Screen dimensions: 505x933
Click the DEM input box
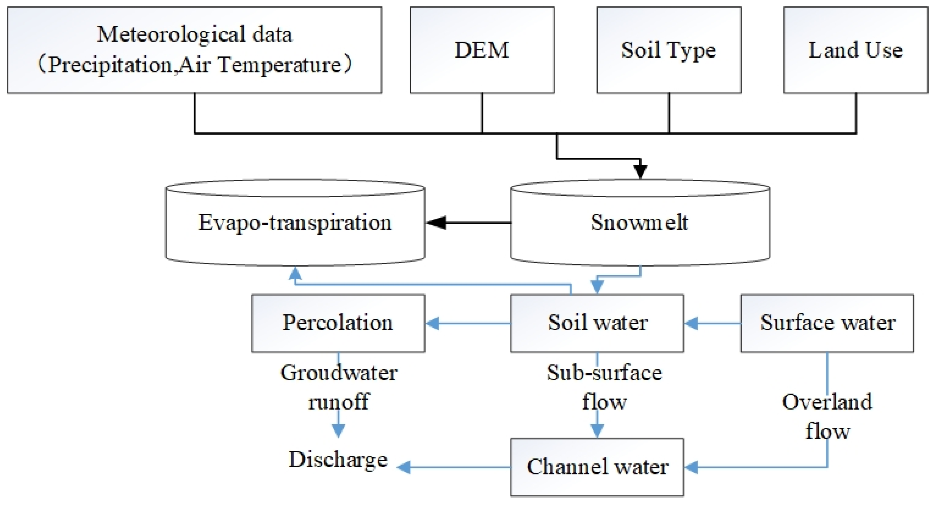pos(482,50)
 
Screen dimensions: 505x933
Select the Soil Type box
pos(669,50)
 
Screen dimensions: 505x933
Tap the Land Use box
pos(855,50)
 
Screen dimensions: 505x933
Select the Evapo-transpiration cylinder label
pos(295,222)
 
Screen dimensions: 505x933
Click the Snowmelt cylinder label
pos(640,222)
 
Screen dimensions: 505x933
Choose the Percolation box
pos(338,323)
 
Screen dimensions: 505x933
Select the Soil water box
pos(597,323)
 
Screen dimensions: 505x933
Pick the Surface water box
pos(827,323)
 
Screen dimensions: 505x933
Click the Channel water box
pos(597,467)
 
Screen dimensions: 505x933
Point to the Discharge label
pos(338,460)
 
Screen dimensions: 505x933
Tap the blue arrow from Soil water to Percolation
pos(467,323)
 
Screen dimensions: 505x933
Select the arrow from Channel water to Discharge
pos(453,467)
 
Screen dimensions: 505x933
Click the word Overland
pos(827,402)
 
